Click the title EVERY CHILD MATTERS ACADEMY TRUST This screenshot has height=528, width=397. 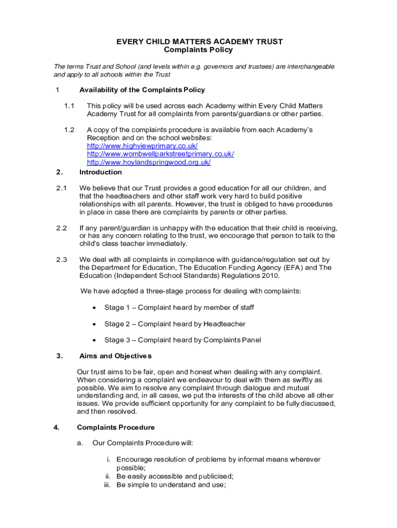[x=198, y=42]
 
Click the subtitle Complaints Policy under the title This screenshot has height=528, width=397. [x=198, y=50]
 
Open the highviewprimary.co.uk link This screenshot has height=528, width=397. [x=142, y=146]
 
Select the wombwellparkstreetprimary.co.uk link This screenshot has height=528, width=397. [x=160, y=154]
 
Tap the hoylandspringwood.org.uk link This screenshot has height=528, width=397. [x=148, y=162]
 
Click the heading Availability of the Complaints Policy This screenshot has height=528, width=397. [x=142, y=90]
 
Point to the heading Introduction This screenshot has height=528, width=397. [x=101, y=172]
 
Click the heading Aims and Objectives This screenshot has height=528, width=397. [x=115, y=356]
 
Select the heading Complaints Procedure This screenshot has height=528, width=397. [x=115, y=427]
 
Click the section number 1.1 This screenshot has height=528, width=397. [x=70, y=106]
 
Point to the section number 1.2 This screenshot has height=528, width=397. [x=70, y=130]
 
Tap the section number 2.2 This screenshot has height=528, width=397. [x=61, y=228]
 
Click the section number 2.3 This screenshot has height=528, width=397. [x=61, y=260]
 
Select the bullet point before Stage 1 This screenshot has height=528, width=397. [x=93, y=308]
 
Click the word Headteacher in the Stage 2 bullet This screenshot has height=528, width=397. [x=224, y=324]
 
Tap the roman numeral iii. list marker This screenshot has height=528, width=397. [x=107, y=485]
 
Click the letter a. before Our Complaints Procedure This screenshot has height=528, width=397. [x=80, y=443]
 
